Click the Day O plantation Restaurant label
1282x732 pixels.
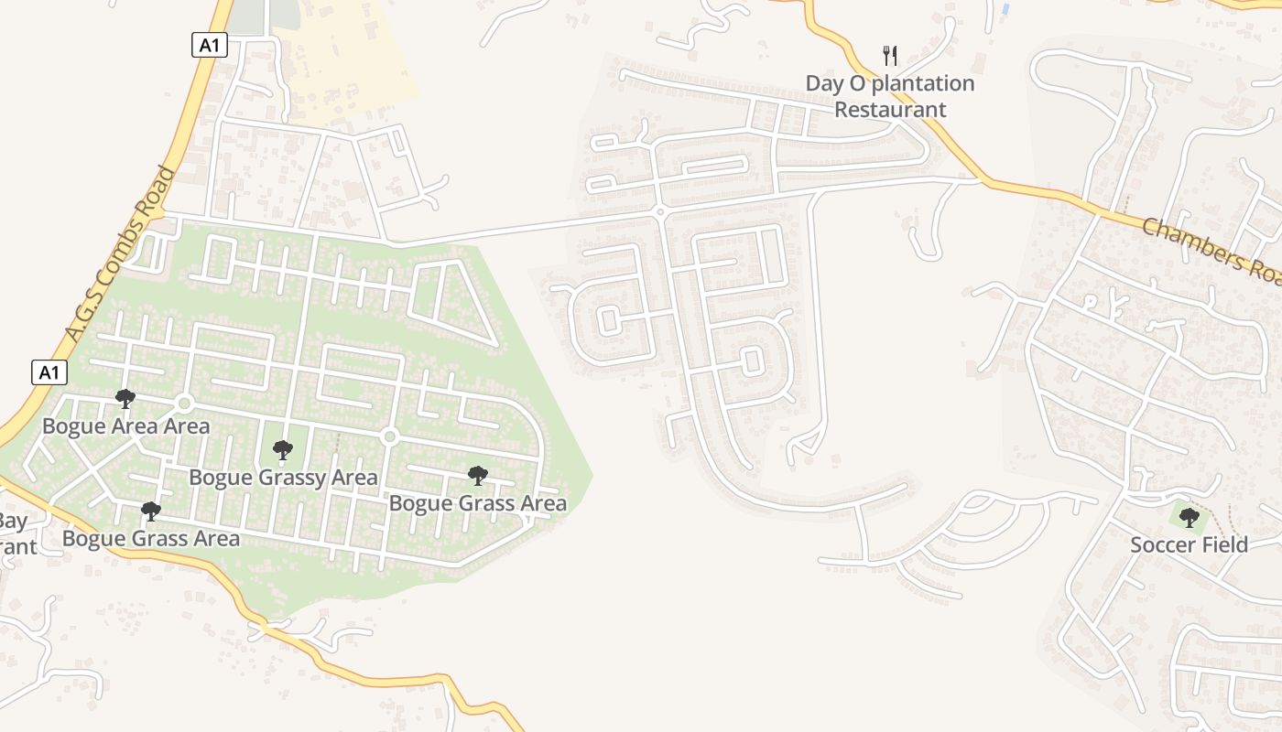click(x=889, y=96)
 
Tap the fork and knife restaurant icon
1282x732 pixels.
click(x=890, y=56)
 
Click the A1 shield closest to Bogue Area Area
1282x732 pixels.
click(x=50, y=372)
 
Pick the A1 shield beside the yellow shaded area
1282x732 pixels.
click(x=210, y=45)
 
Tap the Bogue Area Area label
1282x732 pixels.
click(x=126, y=426)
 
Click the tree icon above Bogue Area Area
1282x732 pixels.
click(x=125, y=399)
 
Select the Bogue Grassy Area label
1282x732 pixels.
click(x=283, y=478)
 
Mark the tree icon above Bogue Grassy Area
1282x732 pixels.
click(x=283, y=450)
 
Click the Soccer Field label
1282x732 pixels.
click(x=1189, y=545)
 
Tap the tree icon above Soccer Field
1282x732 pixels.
click(x=1189, y=519)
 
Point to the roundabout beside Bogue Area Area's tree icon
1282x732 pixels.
click(x=184, y=404)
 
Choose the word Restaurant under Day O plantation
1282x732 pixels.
click(x=890, y=110)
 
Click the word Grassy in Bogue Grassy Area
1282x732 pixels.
click(x=280, y=478)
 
